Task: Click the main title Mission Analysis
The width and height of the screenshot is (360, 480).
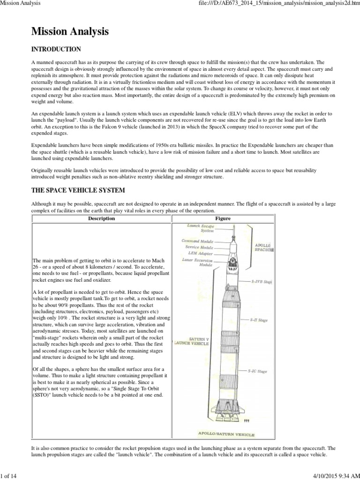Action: tap(70, 32)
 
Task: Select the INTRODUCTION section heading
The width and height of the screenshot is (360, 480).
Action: tap(56, 49)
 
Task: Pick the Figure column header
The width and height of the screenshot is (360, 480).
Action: tap(223, 218)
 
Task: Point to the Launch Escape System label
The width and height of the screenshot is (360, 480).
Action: tap(201, 228)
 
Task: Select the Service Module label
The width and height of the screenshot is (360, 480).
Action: tap(199, 247)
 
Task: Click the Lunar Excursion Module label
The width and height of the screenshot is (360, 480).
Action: tap(199, 262)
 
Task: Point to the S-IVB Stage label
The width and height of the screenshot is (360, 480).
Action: tap(262, 282)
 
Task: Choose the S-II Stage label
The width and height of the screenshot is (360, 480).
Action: tap(259, 320)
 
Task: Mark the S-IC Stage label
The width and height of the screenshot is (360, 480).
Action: tap(257, 371)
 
